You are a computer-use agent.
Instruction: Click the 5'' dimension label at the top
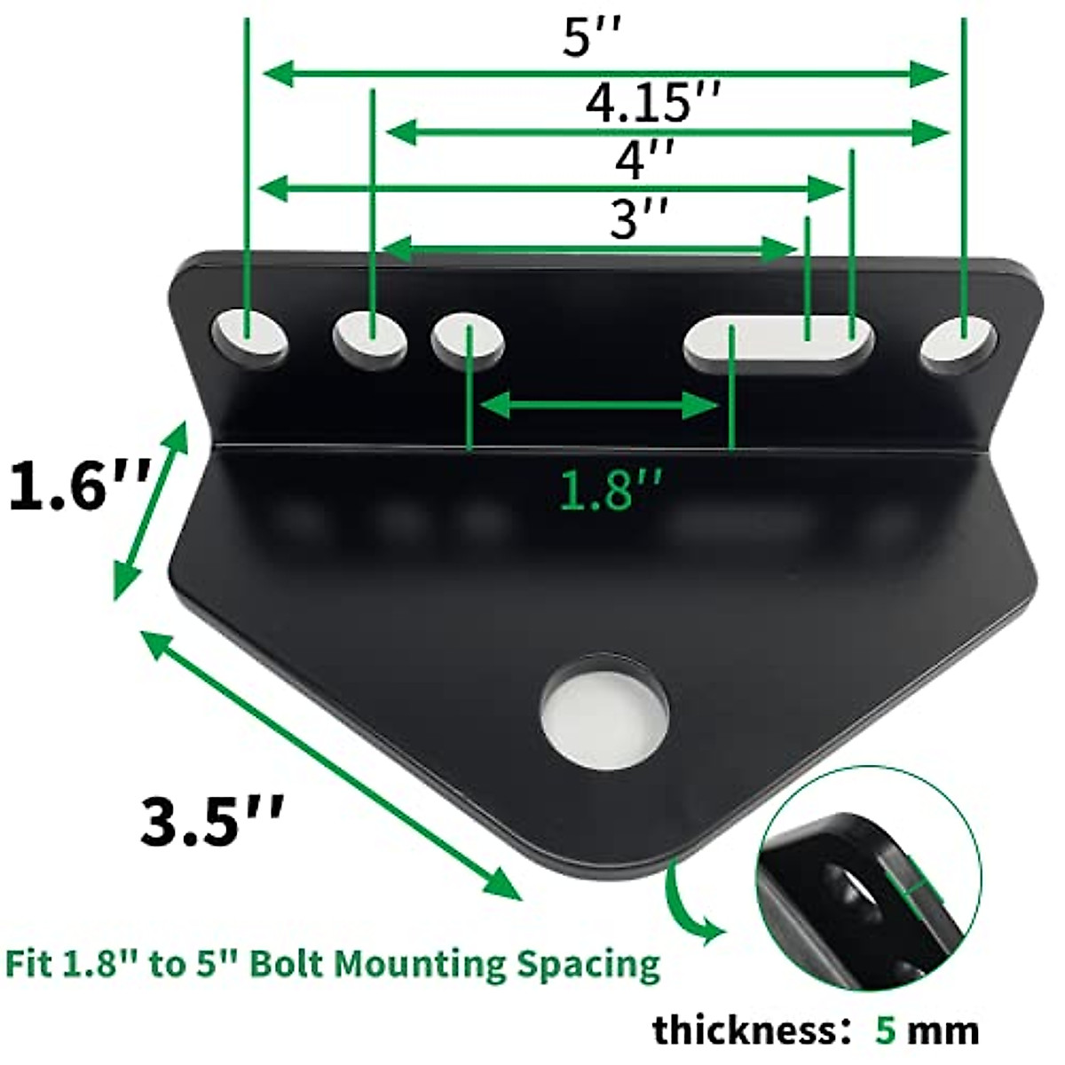pos(588,37)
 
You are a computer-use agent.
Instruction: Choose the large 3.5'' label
pos(213,821)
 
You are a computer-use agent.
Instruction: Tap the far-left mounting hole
pos(249,338)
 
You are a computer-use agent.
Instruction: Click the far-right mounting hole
pos(958,342)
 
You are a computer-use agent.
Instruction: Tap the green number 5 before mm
pos(886,1029)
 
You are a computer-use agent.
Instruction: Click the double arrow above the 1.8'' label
pos(599,406)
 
